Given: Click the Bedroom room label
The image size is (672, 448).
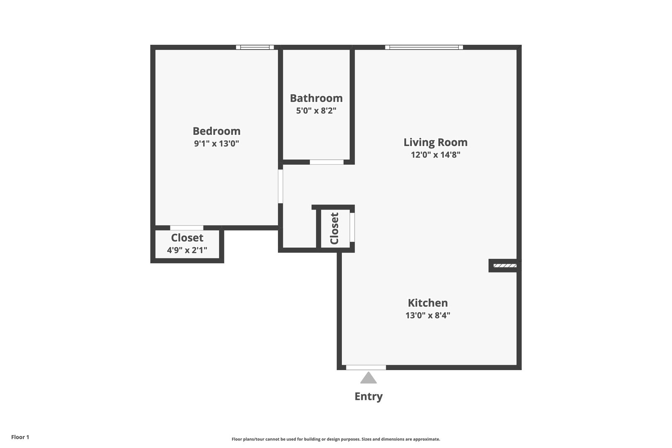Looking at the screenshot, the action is click(216, 131).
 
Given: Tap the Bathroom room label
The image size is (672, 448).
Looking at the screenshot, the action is click(316, 98).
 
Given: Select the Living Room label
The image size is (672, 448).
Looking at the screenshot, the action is click(435, 143).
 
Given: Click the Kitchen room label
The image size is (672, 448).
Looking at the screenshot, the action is click(428, 303).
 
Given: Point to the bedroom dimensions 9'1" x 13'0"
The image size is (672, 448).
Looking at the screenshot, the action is click(216, 144).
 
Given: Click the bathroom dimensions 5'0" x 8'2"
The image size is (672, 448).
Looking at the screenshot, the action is click(316, 111).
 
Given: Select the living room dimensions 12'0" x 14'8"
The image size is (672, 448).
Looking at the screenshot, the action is click(435, 155).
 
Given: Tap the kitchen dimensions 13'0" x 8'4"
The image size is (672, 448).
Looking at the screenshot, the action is click(428, 315).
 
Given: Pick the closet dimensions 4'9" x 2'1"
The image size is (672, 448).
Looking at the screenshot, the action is click(187, 250).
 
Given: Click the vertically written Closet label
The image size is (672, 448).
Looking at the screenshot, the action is click(334, 228).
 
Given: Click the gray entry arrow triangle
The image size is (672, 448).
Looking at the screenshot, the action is click(368, 377).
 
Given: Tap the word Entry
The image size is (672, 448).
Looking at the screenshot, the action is click(368, 397).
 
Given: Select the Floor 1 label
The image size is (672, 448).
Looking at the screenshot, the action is click(20, 437).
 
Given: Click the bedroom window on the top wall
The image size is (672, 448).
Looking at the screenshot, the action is click(255, 47).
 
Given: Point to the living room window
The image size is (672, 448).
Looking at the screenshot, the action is click(424, 47).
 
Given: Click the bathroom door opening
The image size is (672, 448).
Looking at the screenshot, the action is click(326, 162).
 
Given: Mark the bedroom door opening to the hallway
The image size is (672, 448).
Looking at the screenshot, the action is click(280, 186).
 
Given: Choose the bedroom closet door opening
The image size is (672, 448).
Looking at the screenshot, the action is click(187, 228).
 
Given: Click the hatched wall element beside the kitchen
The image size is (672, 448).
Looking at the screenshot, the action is click(505, 265).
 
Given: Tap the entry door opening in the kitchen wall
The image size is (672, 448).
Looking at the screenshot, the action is click(366, 367).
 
